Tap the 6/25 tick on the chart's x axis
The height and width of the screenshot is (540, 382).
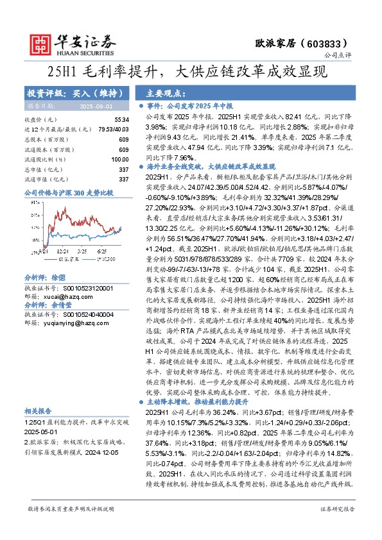click(x=101, y=236)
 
